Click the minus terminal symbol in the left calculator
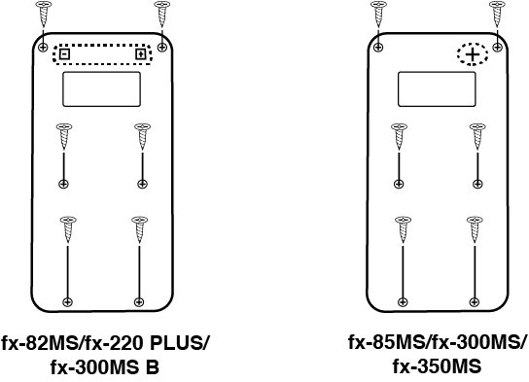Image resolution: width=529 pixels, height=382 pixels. (x=64, y=54)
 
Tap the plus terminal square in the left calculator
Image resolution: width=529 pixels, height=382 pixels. (x=141, y=54)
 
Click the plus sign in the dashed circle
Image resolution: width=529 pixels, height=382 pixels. (x=473, y=56)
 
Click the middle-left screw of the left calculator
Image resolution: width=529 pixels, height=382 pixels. (x=63, y=136)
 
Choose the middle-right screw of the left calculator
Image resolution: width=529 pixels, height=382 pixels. (x=140, y=136)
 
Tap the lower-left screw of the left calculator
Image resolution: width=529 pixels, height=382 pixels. (x=66, y=229)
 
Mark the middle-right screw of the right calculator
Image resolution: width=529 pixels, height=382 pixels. (x=476, y=136)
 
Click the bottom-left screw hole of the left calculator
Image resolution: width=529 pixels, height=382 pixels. (x=66, y=300)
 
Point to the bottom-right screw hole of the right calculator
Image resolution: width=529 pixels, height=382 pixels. (x=476, y=300)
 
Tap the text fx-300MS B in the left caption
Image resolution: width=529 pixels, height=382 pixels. (x=105, y=369)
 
